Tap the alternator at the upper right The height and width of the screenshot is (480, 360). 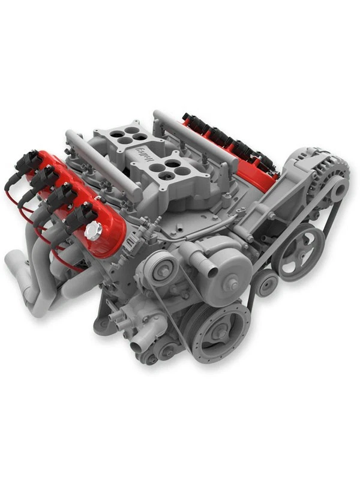321,174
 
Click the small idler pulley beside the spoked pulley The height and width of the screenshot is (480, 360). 266,282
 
